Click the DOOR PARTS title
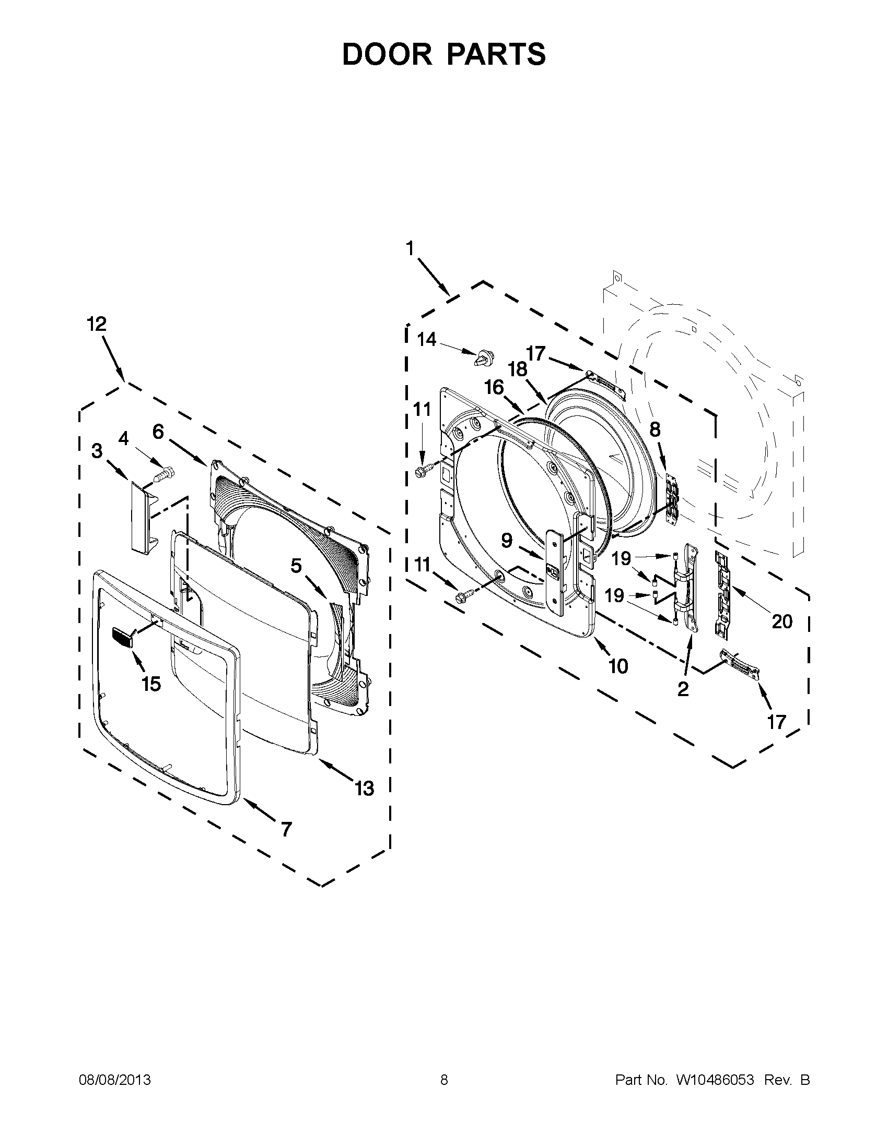coord(444,54)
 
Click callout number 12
coord(96,324)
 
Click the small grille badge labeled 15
coord(122,638)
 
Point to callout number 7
coord(286,830)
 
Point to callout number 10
coord(618,666)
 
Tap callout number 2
coord(683,689)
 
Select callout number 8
coord(655,430)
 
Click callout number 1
coord(410,248)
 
